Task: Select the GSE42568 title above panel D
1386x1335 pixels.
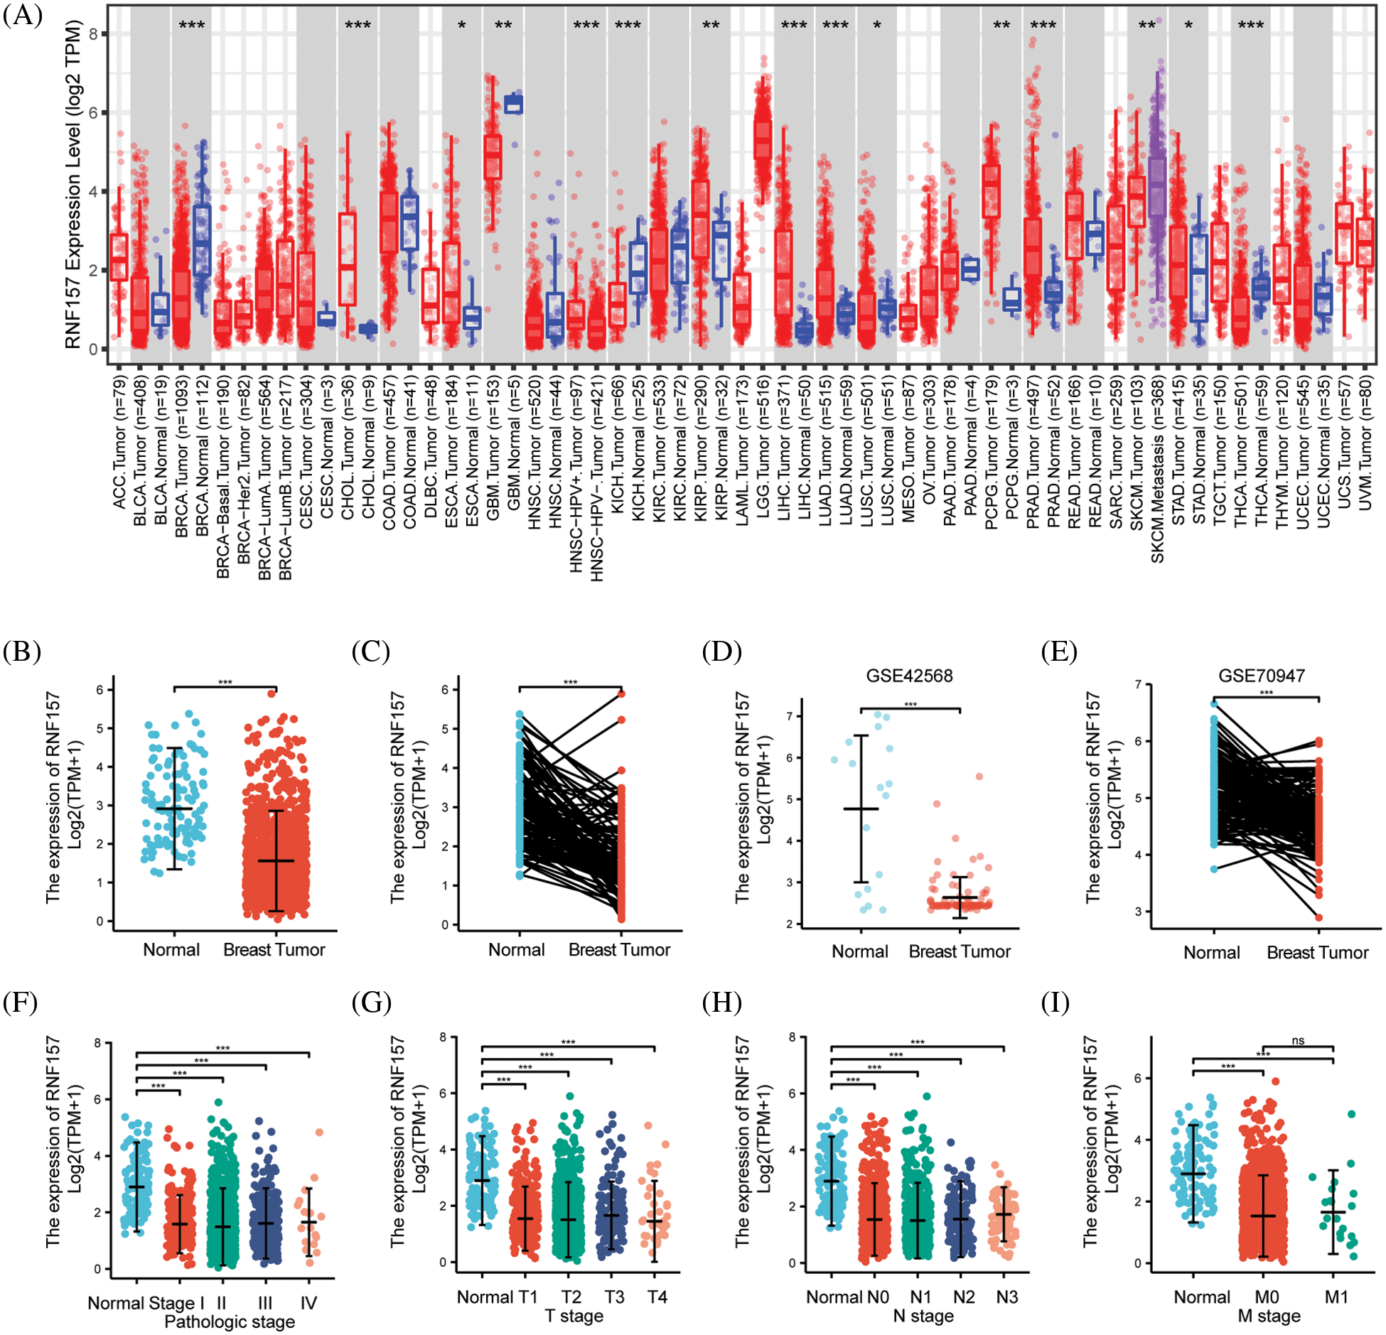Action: click(x=908, y=675)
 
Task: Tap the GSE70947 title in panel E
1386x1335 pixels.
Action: click(x=1261, y=675)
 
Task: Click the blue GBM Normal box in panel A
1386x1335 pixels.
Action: click(x=512, y=104)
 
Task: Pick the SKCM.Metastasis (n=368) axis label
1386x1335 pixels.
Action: click(x=1158, y=469)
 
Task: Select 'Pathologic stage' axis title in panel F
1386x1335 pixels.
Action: click(x=230, y=1322)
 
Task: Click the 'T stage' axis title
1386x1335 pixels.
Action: click(x=574, y=1316)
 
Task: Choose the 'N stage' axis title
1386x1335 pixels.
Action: click(x=923, y=1316)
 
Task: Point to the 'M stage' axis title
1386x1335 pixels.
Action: click(x=1269, y=1316)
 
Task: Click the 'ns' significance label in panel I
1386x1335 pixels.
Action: click(x=1298, y=1041)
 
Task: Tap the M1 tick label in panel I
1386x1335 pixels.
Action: click(x=1336, y=1297)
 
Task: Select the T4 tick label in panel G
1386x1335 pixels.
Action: click(x=657, y=1297)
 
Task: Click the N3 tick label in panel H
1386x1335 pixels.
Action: click(x=1006, y=1297)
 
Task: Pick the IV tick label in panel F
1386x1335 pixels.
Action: click(x=308, y=1302)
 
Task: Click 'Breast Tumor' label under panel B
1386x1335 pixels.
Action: click(x=274, y=949)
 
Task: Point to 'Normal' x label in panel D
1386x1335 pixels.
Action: click(x=859, y=951)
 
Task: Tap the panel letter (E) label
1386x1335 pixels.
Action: click(x=1059, y=652)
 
